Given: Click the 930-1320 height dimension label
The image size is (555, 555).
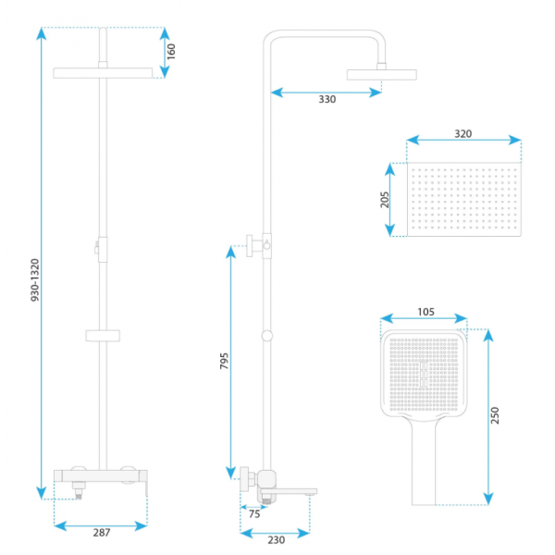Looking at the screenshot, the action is pyautogui.click(x=35, y=280).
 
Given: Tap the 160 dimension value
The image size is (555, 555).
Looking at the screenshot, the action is pyautogui.click(x=171, y=52).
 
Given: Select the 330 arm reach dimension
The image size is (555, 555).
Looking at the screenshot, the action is pyautogui.click(x=327, y=100).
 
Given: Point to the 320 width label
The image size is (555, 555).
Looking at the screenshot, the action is pyautogui.click(x=463, y=134).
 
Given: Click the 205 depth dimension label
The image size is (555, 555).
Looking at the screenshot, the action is pyautogui.click(x=385, y=200).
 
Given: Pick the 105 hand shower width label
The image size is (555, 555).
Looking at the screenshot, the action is pyautogui.click(x=425, y=312).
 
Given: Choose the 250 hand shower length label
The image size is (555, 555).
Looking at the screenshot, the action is pyautogui.click(x=495, y=415).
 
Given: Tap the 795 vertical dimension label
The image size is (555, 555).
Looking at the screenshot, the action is pyautogui.click(x=224, y=361).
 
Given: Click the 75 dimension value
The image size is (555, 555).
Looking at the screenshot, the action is pyautogui.click(x=254, y=514).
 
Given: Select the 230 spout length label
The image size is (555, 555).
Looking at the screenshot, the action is pyautogui.click(x=276, y=540).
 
